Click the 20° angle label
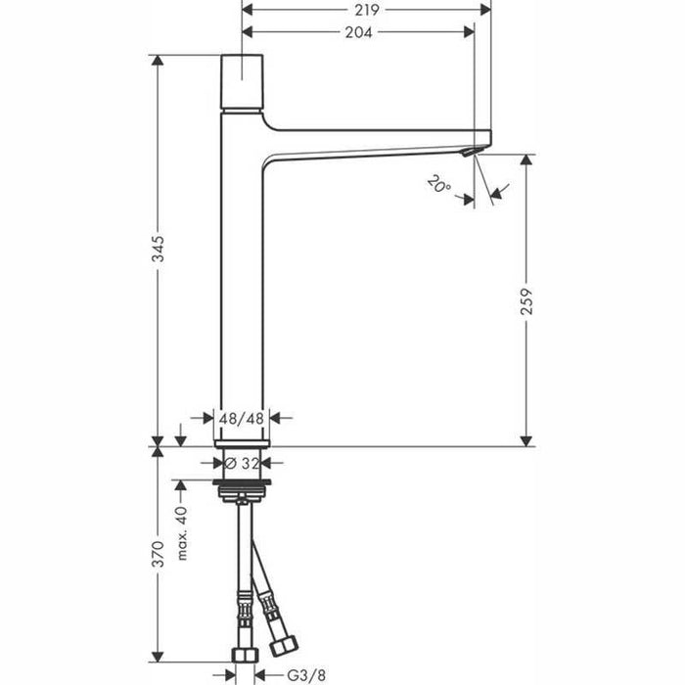pyautogui.click(x=438, y=185)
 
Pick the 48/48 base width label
pyautogui.click(x=242, y=418)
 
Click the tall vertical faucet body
pyautogui.click(x=242, y=294)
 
